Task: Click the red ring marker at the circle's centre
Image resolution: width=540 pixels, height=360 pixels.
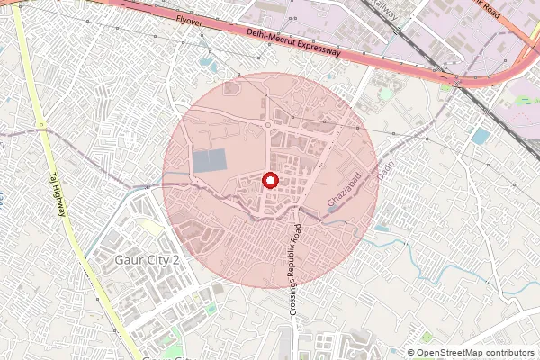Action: coord(270,180)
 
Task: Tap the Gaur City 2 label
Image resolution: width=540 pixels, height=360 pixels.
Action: coord(148,260)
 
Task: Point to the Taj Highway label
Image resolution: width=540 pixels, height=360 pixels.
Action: coord(58,194)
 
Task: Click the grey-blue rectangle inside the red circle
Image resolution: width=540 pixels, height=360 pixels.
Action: coord(211,162)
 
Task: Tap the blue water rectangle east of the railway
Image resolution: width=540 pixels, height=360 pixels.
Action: coord(481,136)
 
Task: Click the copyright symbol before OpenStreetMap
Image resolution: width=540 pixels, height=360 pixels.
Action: coord(411,353)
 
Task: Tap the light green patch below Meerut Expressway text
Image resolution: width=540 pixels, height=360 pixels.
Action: coord(386,93)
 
